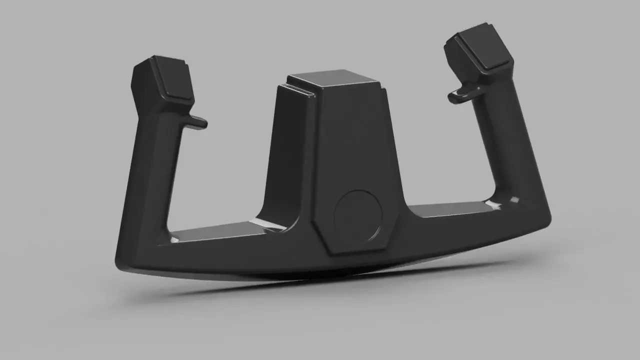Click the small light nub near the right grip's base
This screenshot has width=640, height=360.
click(x=514, y=200)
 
